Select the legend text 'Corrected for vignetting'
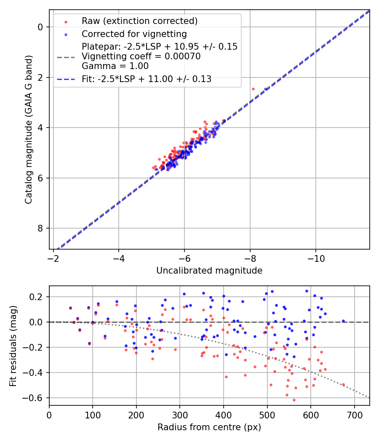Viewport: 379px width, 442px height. click(x=134, y=34)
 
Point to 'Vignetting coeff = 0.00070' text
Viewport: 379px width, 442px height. click(x=141, y=56)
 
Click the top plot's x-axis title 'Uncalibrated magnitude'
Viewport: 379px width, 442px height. click(x=209, y=271)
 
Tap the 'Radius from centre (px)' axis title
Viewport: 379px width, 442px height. click(x=209, y=427)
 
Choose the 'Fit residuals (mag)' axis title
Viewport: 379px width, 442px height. click(x=13, y=345)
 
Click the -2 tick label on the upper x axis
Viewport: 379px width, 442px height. click(x=53, y=258)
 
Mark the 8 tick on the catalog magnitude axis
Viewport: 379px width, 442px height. click(x=40, y=228)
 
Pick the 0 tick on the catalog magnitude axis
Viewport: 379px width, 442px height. click(x=40, y=27)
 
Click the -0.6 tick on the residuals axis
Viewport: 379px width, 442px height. click(x=35, y=398)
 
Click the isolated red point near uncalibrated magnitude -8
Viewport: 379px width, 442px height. click(x=253, y=89)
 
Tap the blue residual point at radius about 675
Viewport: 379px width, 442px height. click(x=343, y=321)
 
